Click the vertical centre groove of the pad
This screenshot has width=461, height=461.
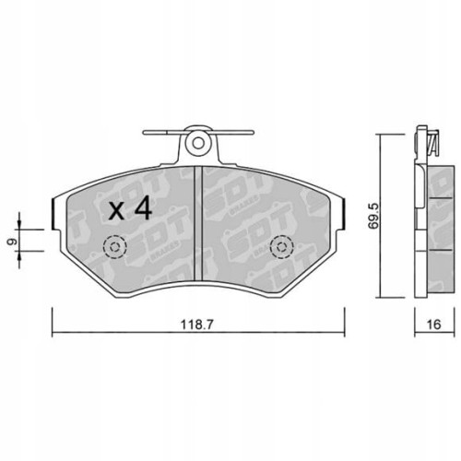pyautogui.click(x=197, y=221)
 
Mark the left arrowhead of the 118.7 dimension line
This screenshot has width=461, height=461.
pyautogui.click(x=53, y=333)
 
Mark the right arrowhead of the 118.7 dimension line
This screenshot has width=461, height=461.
pyautogui.click(x=342, y=333)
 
